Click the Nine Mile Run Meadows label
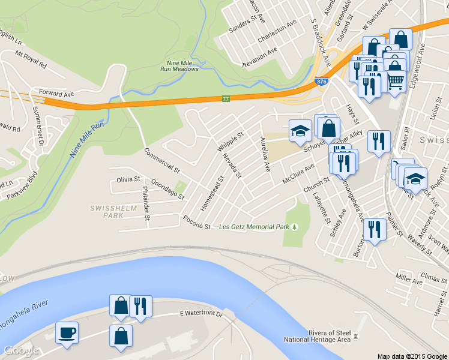tap(182, 65)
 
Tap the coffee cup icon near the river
tap(67, 332)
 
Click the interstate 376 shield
tap(321, 82)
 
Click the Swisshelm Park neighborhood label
tap(106, 211)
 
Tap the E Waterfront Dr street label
tap(201, 314)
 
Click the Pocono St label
tap(197, 223)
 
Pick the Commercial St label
tap(161, 160)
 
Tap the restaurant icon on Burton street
tap(375, 229)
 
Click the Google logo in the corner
tap(21, 351)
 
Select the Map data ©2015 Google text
tap(412, 356)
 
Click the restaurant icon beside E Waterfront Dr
tap(140, 306)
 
